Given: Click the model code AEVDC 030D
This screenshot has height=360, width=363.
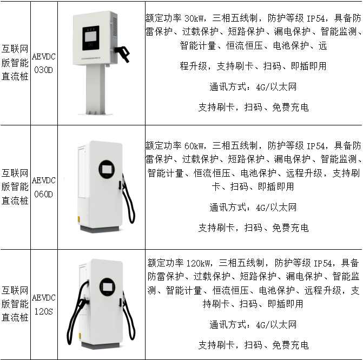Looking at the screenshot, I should (x=43, y=63).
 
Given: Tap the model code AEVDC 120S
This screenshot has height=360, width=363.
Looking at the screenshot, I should (x=43, y=305).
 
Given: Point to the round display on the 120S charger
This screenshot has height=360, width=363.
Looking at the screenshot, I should (x=108, y=285).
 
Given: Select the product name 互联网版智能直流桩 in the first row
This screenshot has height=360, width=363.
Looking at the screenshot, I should (x=15, y=63).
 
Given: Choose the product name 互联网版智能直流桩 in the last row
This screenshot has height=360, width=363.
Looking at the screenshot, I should (x=15, y=305).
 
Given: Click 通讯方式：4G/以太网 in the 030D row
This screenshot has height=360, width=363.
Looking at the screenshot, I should (x=253, y=86).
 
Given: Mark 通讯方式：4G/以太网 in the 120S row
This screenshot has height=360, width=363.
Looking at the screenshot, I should (x=253, y=325).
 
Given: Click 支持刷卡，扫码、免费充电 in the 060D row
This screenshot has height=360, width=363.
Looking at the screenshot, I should (x=253, y=228).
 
